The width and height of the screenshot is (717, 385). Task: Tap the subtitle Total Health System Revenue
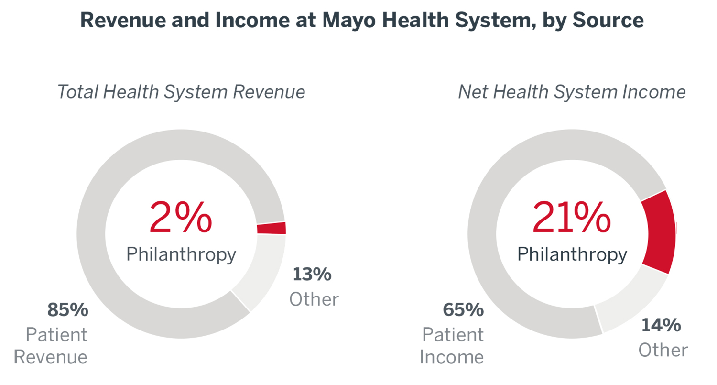[x=181, y=92]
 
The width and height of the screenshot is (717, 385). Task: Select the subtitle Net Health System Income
[x=572, y=92]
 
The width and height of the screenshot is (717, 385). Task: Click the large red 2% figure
[x=180, y=218]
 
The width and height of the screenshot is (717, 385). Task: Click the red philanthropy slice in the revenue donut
[x=271, y=228]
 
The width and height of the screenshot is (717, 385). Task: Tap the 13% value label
[x=312, y=275]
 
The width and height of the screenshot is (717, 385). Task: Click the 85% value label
[x=67, y=310]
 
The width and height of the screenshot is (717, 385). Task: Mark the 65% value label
[x=463, y=310]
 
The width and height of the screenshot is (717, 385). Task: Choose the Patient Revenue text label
[x=51, y=346]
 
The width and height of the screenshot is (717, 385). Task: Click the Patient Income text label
[x=452, y=346]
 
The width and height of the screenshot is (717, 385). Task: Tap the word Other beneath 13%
[x=314, y=299]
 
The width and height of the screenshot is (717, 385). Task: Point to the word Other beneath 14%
[x=663, y=350]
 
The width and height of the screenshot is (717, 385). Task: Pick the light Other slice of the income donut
[x=630, y=301]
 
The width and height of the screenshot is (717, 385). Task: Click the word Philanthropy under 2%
[x=181, y=254]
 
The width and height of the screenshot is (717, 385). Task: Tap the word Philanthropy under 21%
[x=572, y=254]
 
